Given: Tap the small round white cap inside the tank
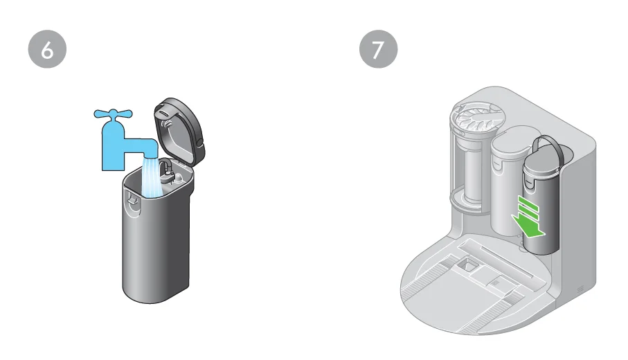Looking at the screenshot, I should click(179, 177).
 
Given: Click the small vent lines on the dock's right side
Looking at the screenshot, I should click(580, 285).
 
